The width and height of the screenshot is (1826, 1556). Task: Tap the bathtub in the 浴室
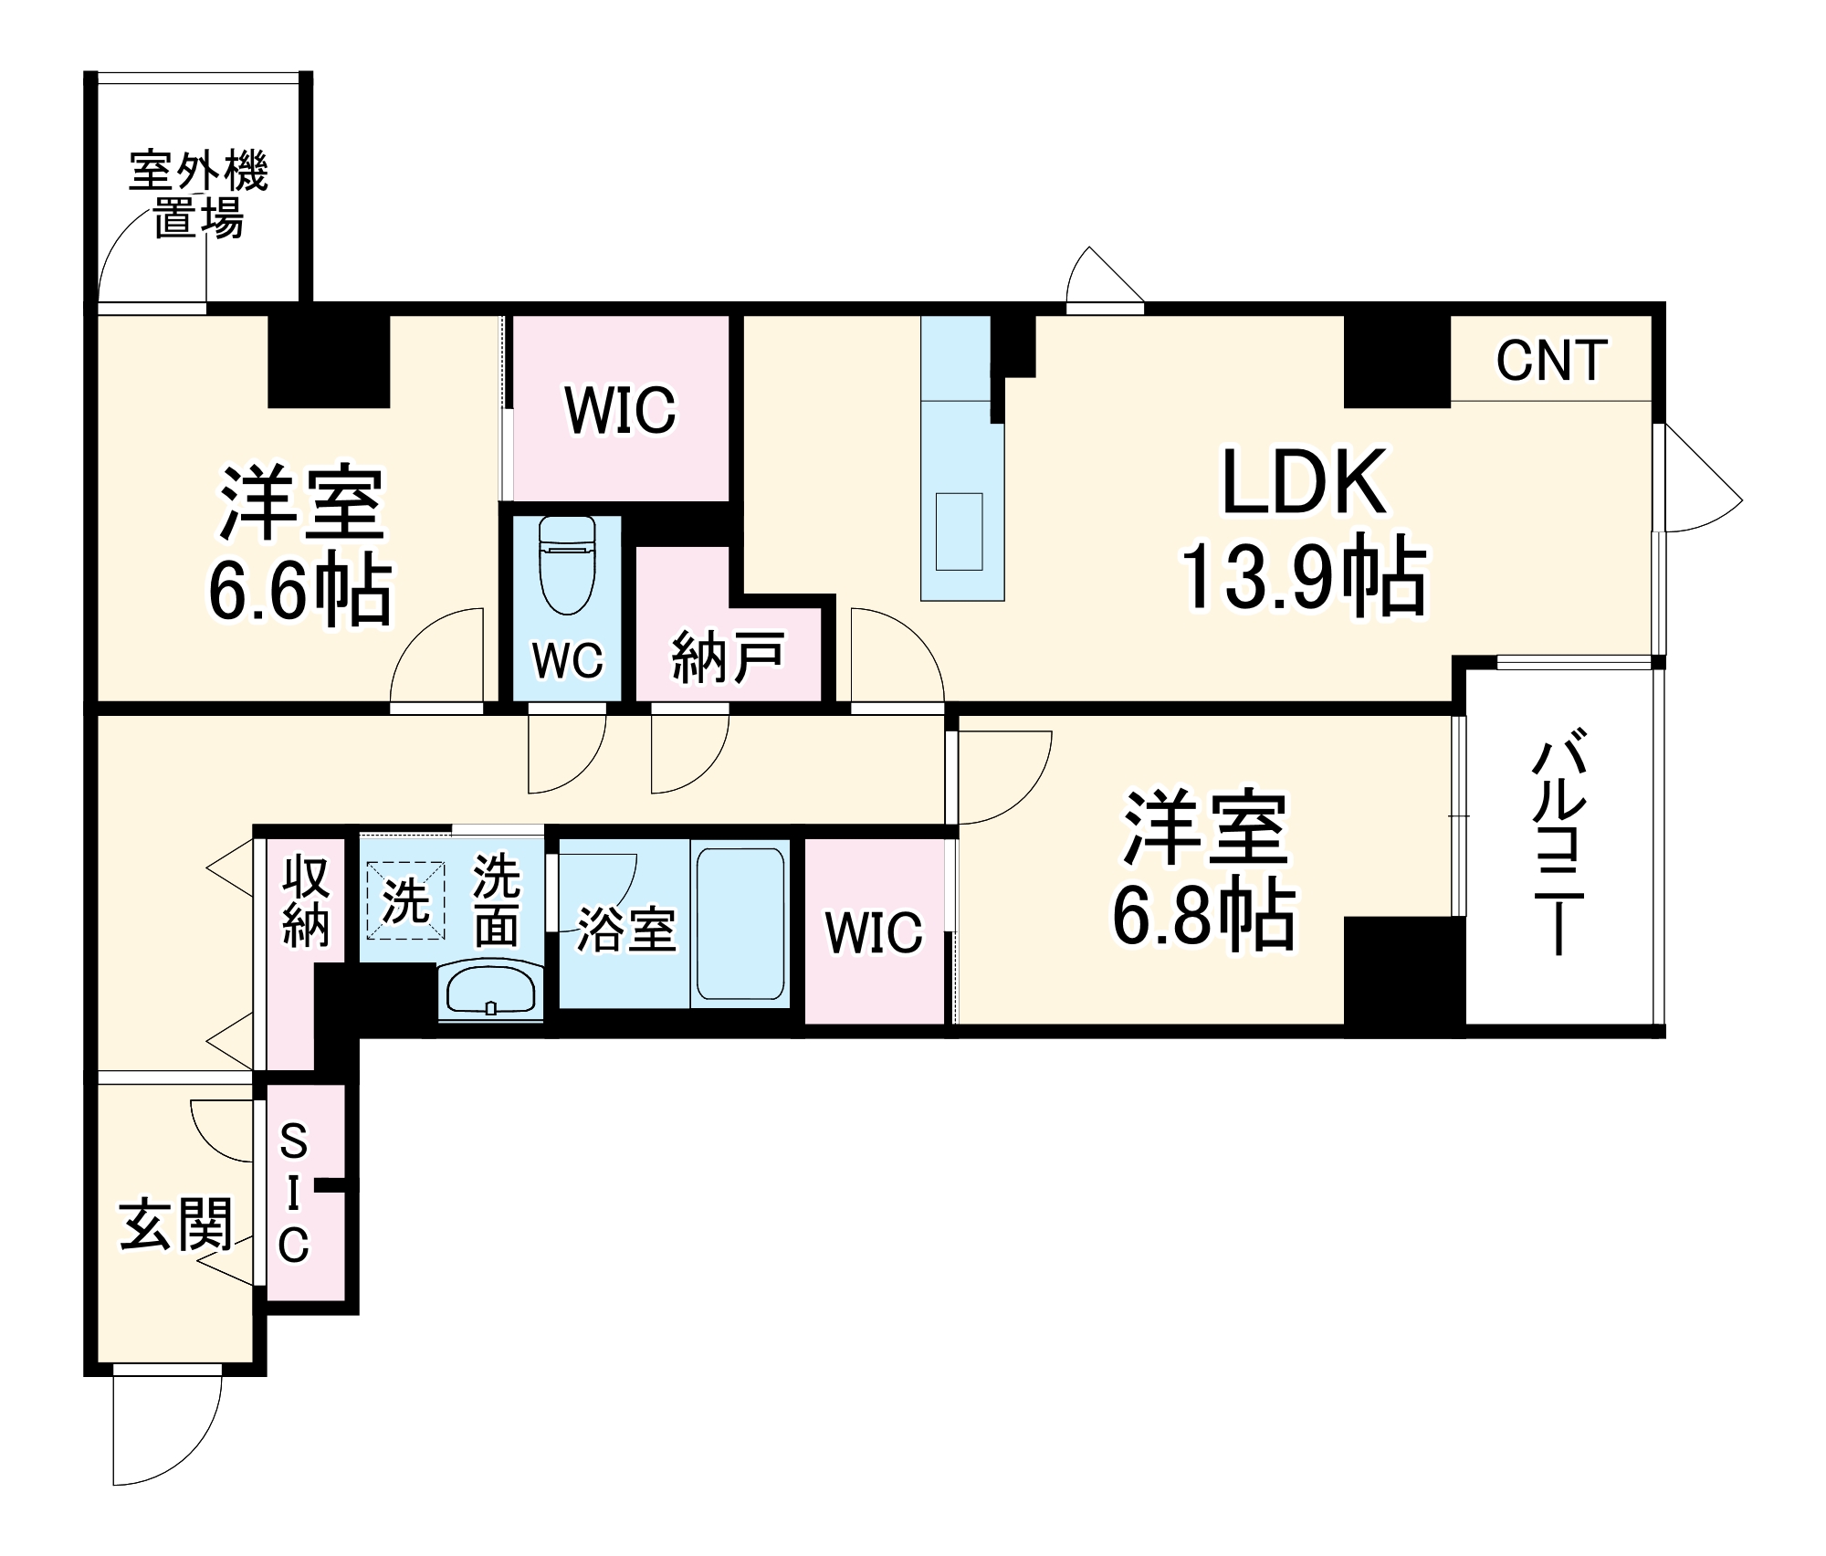(x=740, y=923)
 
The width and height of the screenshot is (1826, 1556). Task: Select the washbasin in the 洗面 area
(x=490, y=991)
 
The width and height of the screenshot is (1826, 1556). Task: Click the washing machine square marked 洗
(x=405, y=900)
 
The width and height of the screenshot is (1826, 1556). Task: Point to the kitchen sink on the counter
(x=959, y=531)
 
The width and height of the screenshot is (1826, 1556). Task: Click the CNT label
(x=1551, y=360)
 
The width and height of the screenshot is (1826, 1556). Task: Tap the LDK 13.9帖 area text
(x=1304, y=530)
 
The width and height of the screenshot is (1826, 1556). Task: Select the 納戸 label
(x=728, y=657)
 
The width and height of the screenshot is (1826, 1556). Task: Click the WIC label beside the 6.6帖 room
(x=621, y=410)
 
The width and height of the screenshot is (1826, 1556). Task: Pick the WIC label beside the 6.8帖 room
(x=874, y=932)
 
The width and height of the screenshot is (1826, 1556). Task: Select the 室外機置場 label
(x=198, y=194)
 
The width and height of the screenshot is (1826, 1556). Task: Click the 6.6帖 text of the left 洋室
(x=300, y=591)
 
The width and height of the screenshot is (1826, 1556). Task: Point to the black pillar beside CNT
(x=1396, y=362)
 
